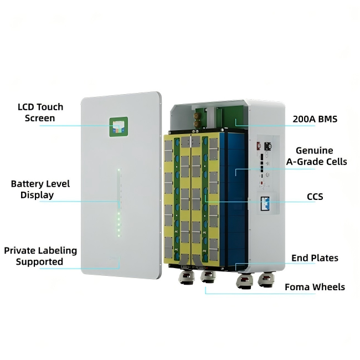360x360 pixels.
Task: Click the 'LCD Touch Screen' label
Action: point(40,112)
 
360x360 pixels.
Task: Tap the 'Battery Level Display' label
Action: point(40,189)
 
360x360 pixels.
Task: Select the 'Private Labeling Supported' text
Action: point(40,256)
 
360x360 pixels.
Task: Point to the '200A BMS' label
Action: point(315,119)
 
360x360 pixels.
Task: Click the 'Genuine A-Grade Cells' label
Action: point(316,156)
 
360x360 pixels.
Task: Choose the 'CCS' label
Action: point(315,197)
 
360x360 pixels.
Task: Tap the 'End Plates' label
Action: point(315,258)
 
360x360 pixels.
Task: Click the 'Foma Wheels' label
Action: point(315,287)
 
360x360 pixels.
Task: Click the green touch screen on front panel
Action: point(119,127)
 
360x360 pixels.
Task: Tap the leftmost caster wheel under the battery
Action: point(187,277)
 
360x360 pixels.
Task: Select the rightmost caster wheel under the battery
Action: point(266,279)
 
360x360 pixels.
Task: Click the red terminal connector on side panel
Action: point(259,146)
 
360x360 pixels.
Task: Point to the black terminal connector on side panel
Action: point(268,146)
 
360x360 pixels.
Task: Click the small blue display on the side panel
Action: point(265,203)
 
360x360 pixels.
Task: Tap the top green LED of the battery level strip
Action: point(119,170)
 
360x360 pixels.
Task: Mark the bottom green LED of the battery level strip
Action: point(119,235)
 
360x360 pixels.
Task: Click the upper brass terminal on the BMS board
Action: point(197,116)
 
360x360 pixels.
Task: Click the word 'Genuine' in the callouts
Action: point(315,151)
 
